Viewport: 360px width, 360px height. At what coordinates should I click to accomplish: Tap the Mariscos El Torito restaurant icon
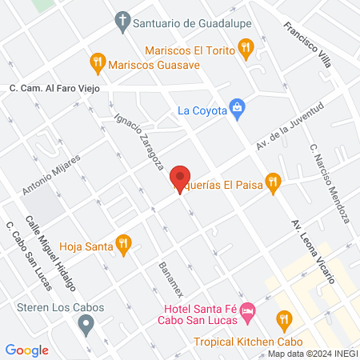click(x=247, y=50)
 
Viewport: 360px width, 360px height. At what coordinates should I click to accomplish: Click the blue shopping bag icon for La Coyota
click(x=237, y=108)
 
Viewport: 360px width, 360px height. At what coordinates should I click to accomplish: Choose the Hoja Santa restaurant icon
click(x=123, y=245)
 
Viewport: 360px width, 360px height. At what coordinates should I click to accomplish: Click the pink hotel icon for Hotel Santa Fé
click(x=248, y=309)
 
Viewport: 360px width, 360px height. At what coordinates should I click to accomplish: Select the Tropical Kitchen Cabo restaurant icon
click(x=282, y=321)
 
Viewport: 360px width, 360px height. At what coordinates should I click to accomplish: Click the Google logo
click(x=27, y=350)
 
